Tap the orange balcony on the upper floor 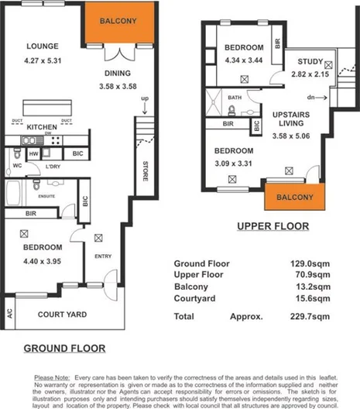[294, 198]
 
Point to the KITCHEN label [43, 126]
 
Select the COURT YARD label [63, 314]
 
